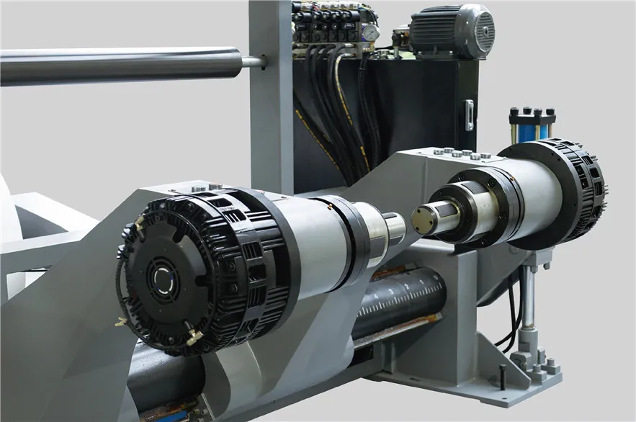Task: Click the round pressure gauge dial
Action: point(370,33)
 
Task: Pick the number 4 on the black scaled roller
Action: point(426,285)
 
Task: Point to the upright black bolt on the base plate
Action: point(502,375)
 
